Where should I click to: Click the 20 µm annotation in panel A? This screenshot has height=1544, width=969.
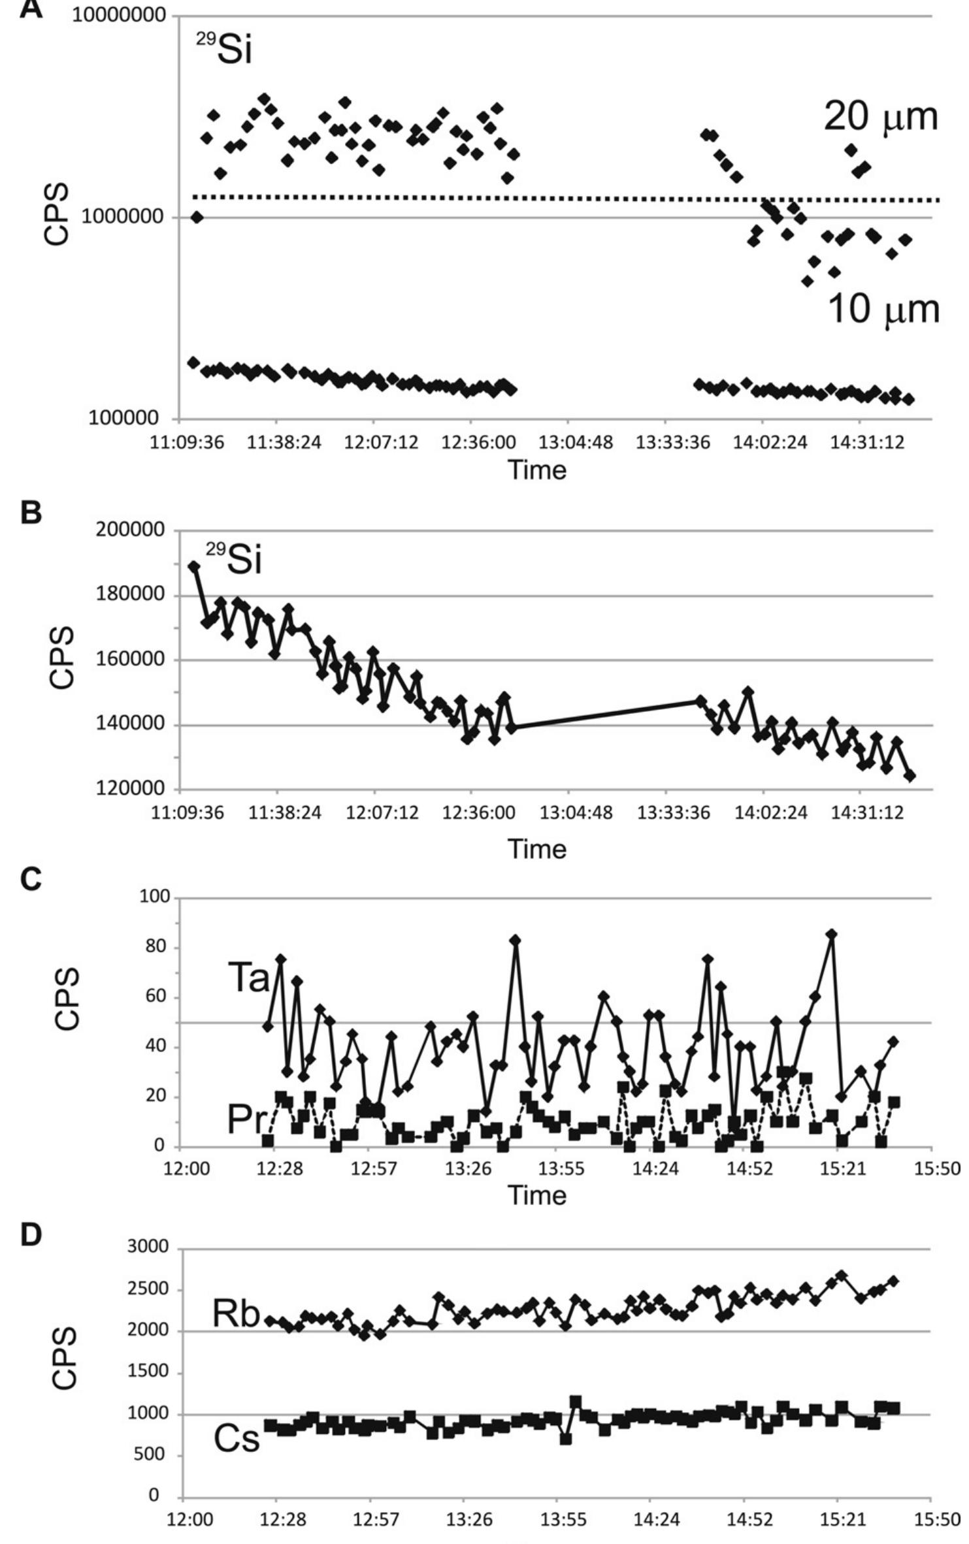[x=880, y=118]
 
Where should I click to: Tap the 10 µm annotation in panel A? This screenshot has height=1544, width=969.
[x=883, y=309]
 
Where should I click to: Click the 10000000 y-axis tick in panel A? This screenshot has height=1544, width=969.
[x=119, y=15]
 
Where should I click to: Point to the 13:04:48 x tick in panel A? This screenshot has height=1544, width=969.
[x=576, y=442]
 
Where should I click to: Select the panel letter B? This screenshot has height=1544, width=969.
[x=31, y=513]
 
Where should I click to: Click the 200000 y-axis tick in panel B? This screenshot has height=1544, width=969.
[x=130, y=530]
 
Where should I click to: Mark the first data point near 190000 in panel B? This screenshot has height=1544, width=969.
[x=194, y=566]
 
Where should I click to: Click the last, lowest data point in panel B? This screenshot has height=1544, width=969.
[x=910, y=775]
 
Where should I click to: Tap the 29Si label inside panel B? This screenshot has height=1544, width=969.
[x=235, y=560]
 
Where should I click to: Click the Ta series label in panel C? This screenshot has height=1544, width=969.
[x=248, y=978]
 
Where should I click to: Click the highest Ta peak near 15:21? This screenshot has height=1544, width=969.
[x=832, y=935]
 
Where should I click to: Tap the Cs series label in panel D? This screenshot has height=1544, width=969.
[x=237, y=1439]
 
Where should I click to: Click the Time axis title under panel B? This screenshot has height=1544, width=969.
[x=537, y=848]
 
